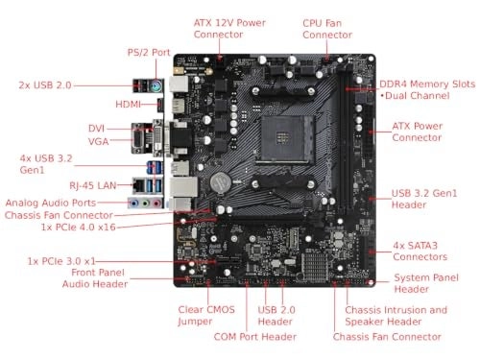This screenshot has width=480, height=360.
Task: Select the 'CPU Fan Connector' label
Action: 327,28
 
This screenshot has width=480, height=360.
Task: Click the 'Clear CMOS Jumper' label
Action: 204,316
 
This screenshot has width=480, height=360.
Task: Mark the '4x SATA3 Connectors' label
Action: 421,252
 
